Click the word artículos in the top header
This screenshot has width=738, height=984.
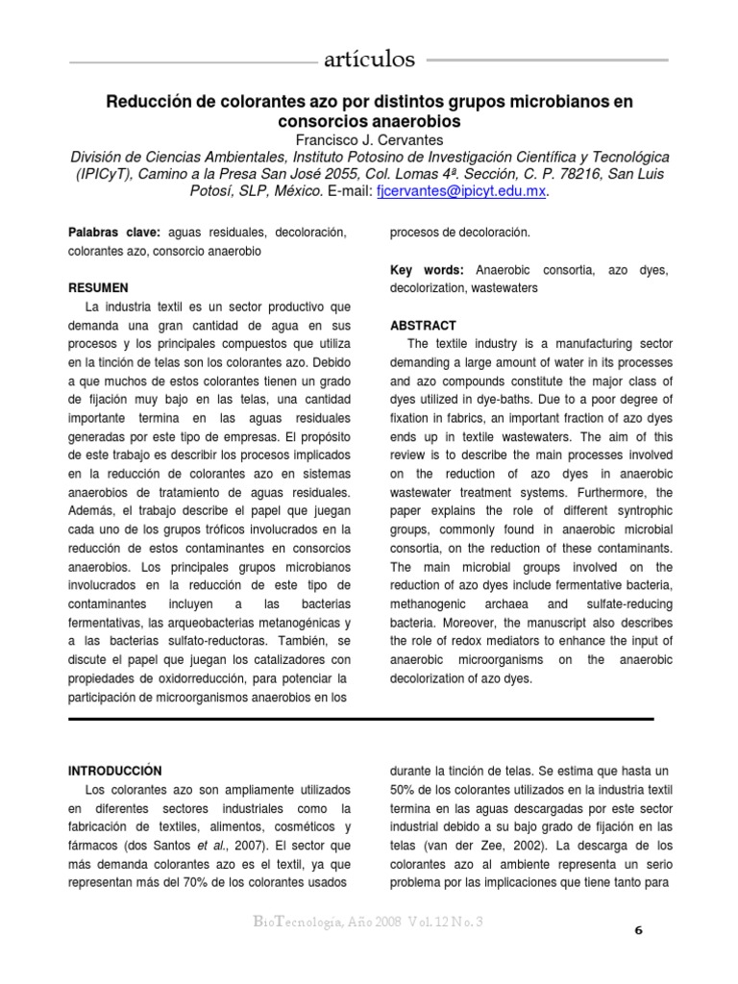point(370,61)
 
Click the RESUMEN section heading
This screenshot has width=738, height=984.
point(98,287)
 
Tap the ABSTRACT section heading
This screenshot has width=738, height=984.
point(424,325)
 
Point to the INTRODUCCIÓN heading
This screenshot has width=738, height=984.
point(114,771)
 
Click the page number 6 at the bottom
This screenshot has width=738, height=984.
point(639,931)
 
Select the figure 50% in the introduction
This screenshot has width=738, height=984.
point(406,789)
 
